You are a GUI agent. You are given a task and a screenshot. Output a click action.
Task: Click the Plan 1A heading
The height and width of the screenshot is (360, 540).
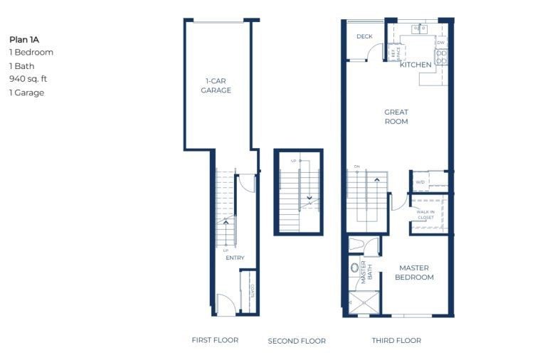coord(24,39)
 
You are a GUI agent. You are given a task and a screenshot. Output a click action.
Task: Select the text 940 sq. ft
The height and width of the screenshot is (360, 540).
coord(28,79)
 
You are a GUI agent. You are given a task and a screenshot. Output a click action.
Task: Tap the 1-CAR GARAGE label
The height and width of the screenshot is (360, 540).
coord(216,86)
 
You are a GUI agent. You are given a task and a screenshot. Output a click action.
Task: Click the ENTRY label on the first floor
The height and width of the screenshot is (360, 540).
coord(235,258)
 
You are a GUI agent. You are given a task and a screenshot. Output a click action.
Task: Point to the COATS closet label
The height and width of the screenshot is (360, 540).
coord(252,291)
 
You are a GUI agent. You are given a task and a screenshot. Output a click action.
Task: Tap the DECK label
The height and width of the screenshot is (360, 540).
coord(364,36)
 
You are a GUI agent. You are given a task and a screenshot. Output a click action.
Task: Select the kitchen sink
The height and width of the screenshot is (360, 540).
coord(419,29)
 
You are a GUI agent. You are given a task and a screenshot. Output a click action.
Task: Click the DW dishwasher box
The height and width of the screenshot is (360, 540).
coord(441,43)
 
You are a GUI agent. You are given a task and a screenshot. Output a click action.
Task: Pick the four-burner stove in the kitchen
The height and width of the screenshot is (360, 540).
coord(441,57)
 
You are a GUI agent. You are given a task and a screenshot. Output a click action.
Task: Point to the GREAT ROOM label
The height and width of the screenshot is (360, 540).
coord(396,117)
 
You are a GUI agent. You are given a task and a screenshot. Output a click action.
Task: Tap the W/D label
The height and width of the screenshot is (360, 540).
coord(420,182)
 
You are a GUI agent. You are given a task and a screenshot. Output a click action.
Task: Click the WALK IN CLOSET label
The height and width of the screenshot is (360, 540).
coord(426,214)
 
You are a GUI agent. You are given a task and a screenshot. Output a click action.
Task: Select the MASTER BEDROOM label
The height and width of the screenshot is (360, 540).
coord(413,272)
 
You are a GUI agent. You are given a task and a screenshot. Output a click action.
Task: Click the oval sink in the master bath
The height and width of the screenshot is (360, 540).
coord(355,269)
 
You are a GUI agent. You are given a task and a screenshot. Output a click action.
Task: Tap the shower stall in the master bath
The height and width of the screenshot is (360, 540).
coord(364,302)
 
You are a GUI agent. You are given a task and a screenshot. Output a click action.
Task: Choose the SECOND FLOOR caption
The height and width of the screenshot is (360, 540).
coord(297,342)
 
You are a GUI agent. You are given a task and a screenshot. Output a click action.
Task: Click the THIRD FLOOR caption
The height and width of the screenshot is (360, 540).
coord(396,341)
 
